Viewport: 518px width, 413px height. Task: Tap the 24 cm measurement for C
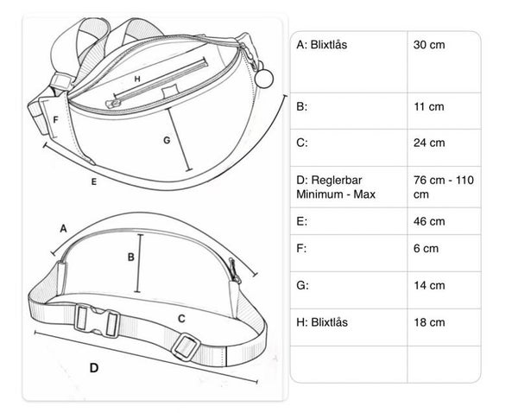click(x=429, y=143)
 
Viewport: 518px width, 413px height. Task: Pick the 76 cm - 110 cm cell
click(x=443, y=186)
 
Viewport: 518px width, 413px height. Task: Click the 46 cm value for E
click(x=429, y=221)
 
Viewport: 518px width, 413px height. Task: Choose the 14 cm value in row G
click(x=429, y=284)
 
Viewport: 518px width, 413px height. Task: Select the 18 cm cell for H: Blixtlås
click(x=429, y=322)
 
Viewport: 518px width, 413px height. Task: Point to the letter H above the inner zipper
click(x=136, y=77)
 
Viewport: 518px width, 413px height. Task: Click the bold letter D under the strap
click(x=93, y=368)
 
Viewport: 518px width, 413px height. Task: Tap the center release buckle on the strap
click(x=98, y=320)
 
